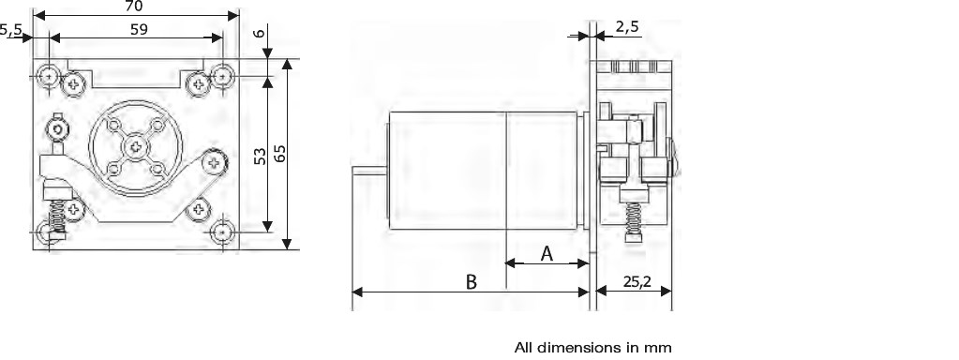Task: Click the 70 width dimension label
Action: click(133, 7)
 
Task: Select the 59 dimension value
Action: click(139, 29)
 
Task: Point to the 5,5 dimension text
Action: click(11, 29)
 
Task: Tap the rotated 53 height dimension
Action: click(260, 156)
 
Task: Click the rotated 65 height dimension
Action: click(279, 153)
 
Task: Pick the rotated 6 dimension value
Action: click(260, 33)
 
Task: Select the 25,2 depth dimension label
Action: click(637, 281)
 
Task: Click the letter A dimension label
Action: click(547, 254)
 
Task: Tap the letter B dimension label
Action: click(471, 282)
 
